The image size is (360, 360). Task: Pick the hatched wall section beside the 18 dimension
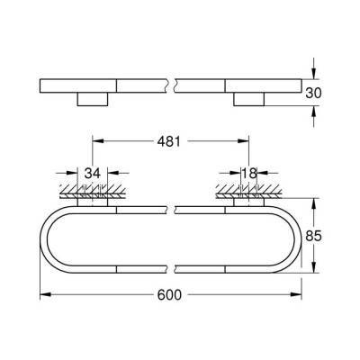point(245,191)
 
